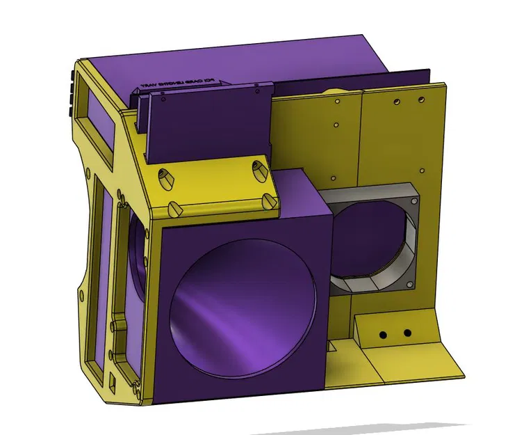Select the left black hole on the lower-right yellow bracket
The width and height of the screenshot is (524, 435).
(x=382, y=335)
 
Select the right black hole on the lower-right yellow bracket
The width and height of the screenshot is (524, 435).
(x=407, y=333)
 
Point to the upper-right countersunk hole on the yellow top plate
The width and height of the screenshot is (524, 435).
(x=259, y=168)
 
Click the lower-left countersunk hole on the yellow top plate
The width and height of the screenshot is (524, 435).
(x=174, y=208)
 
